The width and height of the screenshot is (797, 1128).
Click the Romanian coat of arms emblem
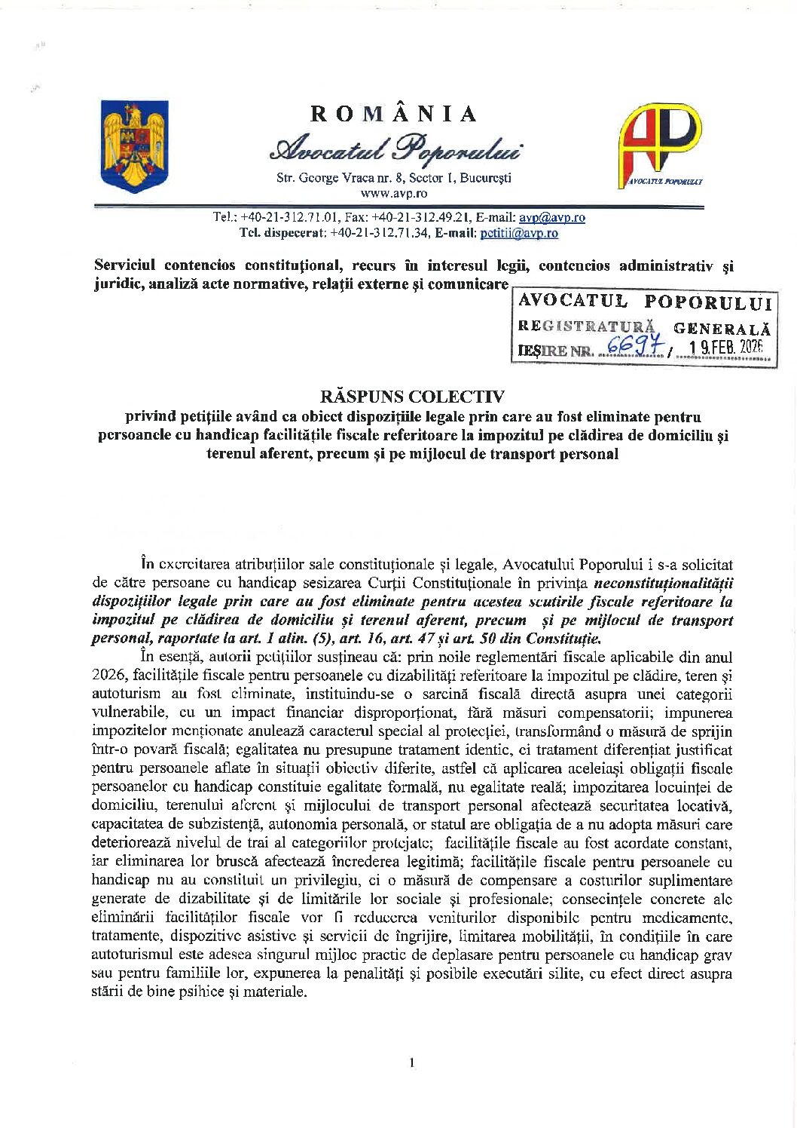135,146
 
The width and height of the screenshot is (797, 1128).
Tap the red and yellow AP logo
660,144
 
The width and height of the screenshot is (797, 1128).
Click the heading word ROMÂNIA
394,114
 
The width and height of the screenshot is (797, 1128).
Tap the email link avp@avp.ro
552,217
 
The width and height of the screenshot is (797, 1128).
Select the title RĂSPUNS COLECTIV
402,397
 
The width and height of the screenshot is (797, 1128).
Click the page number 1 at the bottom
411,1063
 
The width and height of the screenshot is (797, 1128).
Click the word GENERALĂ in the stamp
722,328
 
